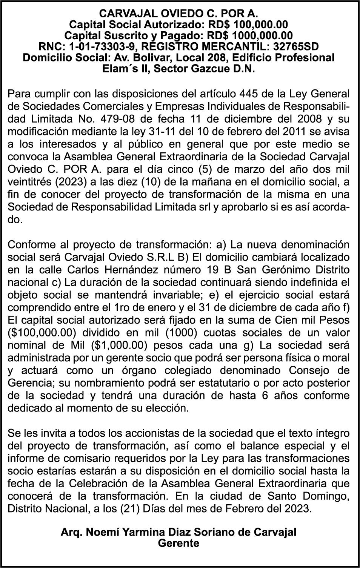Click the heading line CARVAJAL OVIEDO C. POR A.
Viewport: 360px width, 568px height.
178,14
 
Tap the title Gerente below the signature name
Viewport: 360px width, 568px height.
178,543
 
